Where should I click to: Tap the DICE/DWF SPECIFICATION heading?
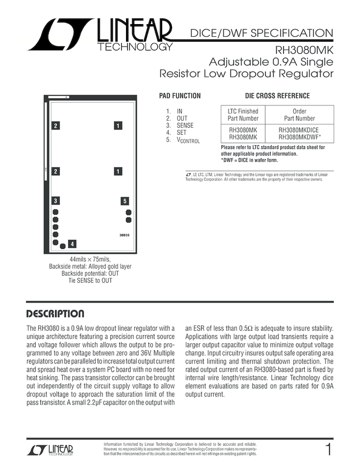(x=261, y=33)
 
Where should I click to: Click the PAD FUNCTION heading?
(x=180, y=96)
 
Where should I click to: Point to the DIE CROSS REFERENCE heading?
(x=277, y=96)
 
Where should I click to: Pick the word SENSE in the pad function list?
(x=185, y=126)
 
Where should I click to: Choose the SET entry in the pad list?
(x=181, y=133)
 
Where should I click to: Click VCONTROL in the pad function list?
(x=188, y=141)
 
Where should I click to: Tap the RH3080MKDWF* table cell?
(x=300, y=137)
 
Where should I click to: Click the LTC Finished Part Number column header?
(x=243, y=115)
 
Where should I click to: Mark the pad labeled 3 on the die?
(x=55, y=201)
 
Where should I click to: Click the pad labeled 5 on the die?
(x=125, y=201)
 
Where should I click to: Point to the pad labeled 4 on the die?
(x=72, y=244)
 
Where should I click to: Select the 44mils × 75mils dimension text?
(x=90, y=259)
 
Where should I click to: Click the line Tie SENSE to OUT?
(x=90, y=281)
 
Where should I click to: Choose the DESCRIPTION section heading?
(x=55, y=314)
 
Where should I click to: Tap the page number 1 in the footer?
(x=328, y=450)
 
